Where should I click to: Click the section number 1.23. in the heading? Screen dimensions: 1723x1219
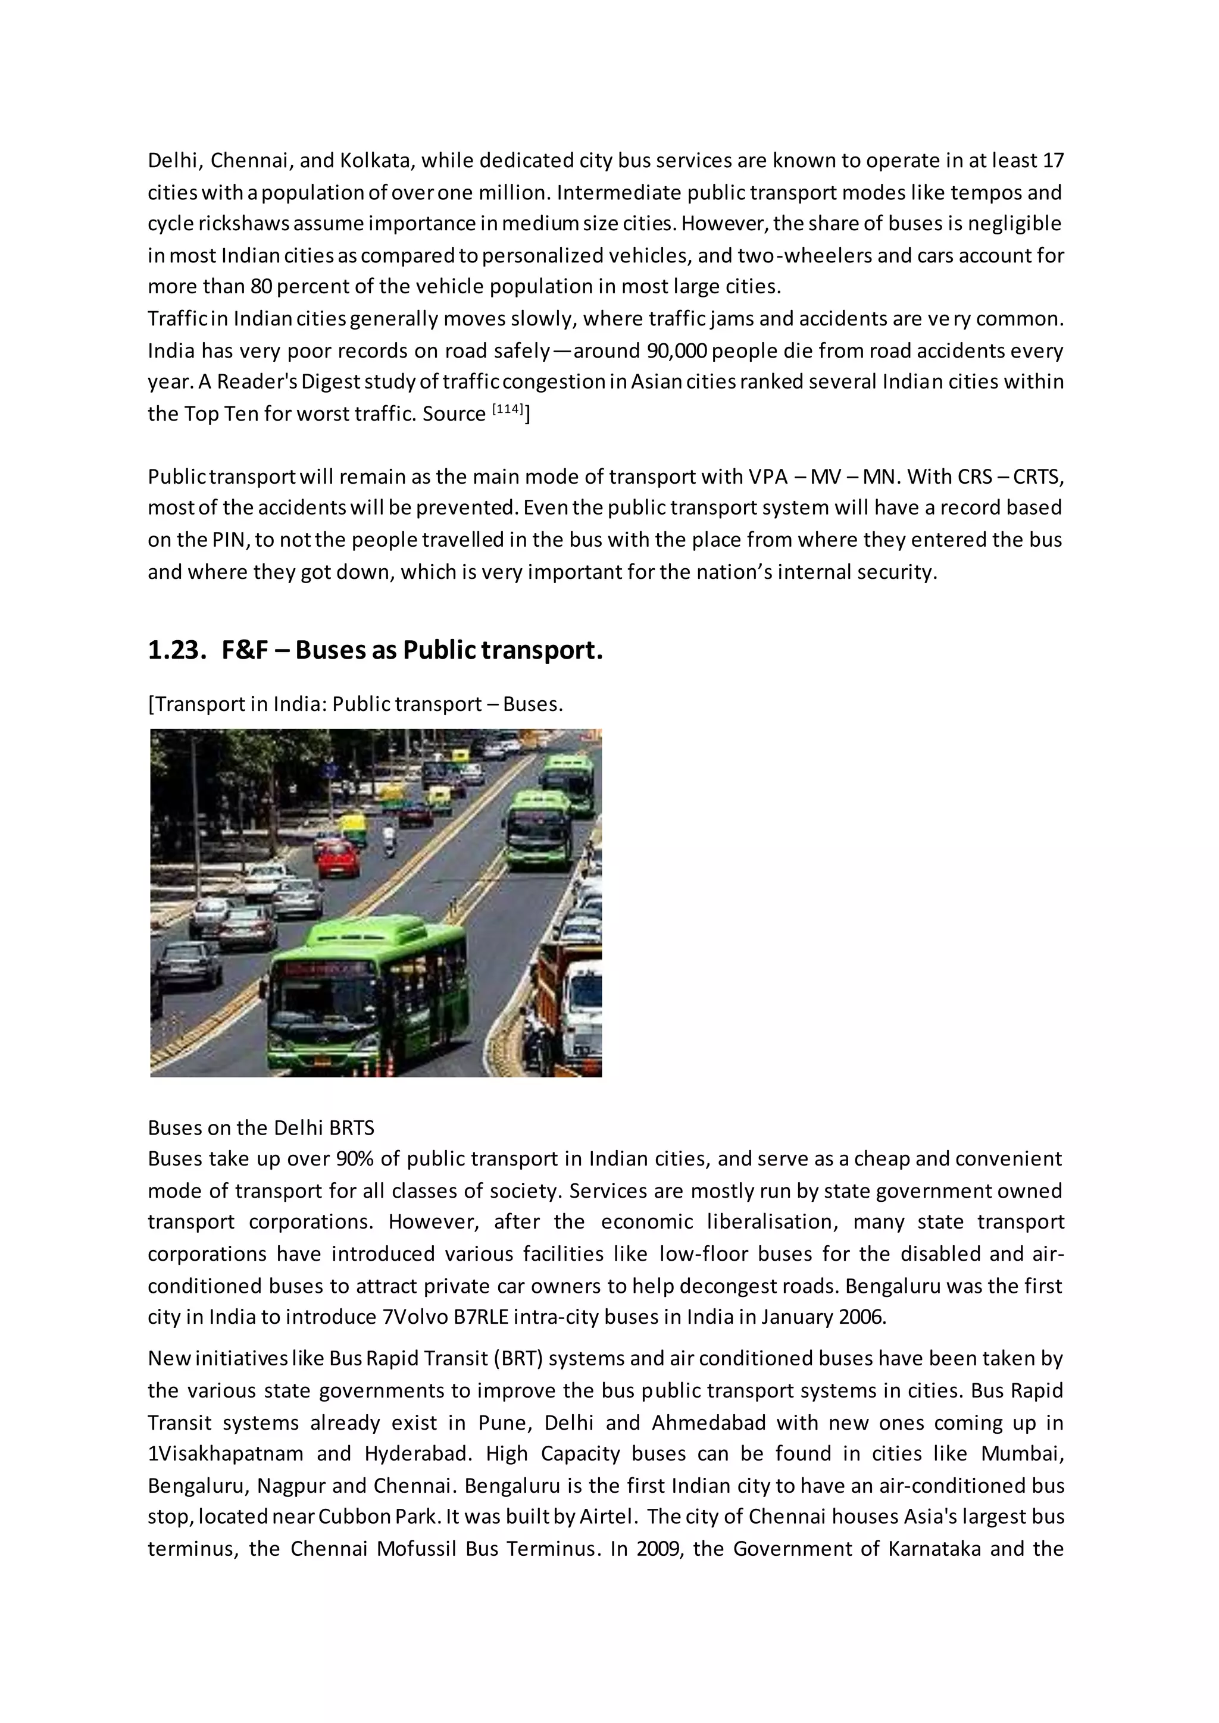(176, 650)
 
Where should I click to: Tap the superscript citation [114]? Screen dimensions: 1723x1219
(507, 409)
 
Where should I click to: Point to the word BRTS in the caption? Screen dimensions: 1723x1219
(351, 1128)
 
